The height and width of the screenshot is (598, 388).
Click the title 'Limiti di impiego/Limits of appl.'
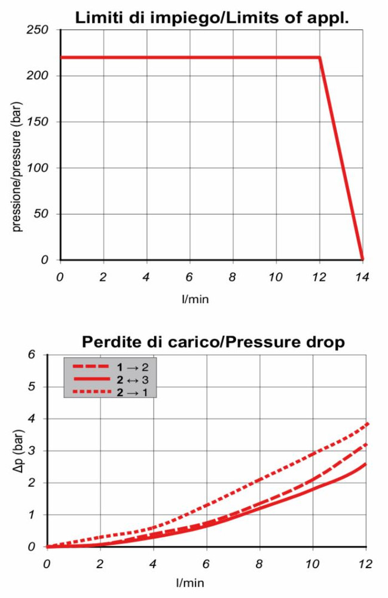click(x=212, y=17)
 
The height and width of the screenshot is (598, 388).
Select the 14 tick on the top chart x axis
click(x=362, y=277)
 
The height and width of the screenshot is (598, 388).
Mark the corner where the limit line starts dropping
click(x=320, y=57)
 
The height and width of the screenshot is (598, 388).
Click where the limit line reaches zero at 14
click(x=362, y=260)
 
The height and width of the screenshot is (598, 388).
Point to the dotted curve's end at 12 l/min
click(x=365, y=424)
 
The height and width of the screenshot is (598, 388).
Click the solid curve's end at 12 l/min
click(x=365, y=463)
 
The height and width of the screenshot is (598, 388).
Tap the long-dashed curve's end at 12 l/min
click(x=365, y=444)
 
